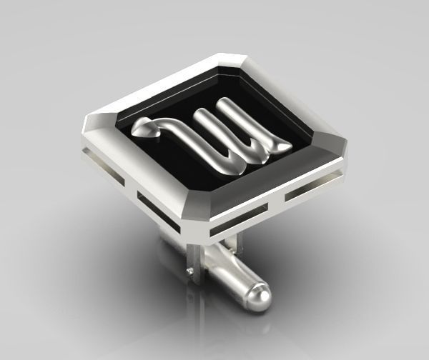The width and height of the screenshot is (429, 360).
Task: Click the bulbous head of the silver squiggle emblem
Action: pos(145,129)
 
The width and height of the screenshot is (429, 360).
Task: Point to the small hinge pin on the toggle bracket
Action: pos(187,271)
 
